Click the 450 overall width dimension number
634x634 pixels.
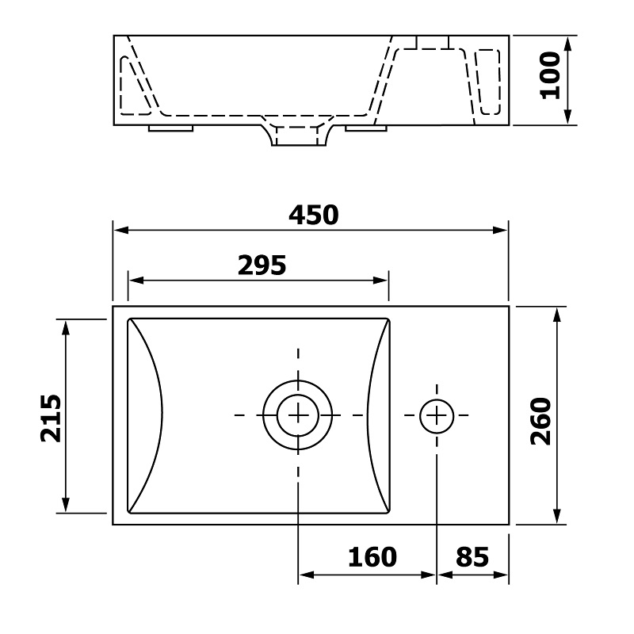tap(313, 215)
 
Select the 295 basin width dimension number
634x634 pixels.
tap(262, 265)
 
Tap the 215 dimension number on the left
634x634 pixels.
tap(52, 418)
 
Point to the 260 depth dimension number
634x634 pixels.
tap(540, 422)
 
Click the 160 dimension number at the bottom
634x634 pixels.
tap(372, 557)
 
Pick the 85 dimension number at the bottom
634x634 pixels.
tap(472, 557)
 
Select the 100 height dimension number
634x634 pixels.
tap(550, 75)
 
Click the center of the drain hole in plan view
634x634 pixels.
tap(298, 415)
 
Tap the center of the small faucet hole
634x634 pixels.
tap(437, 415)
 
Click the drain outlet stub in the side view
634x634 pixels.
tap(299, 136)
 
